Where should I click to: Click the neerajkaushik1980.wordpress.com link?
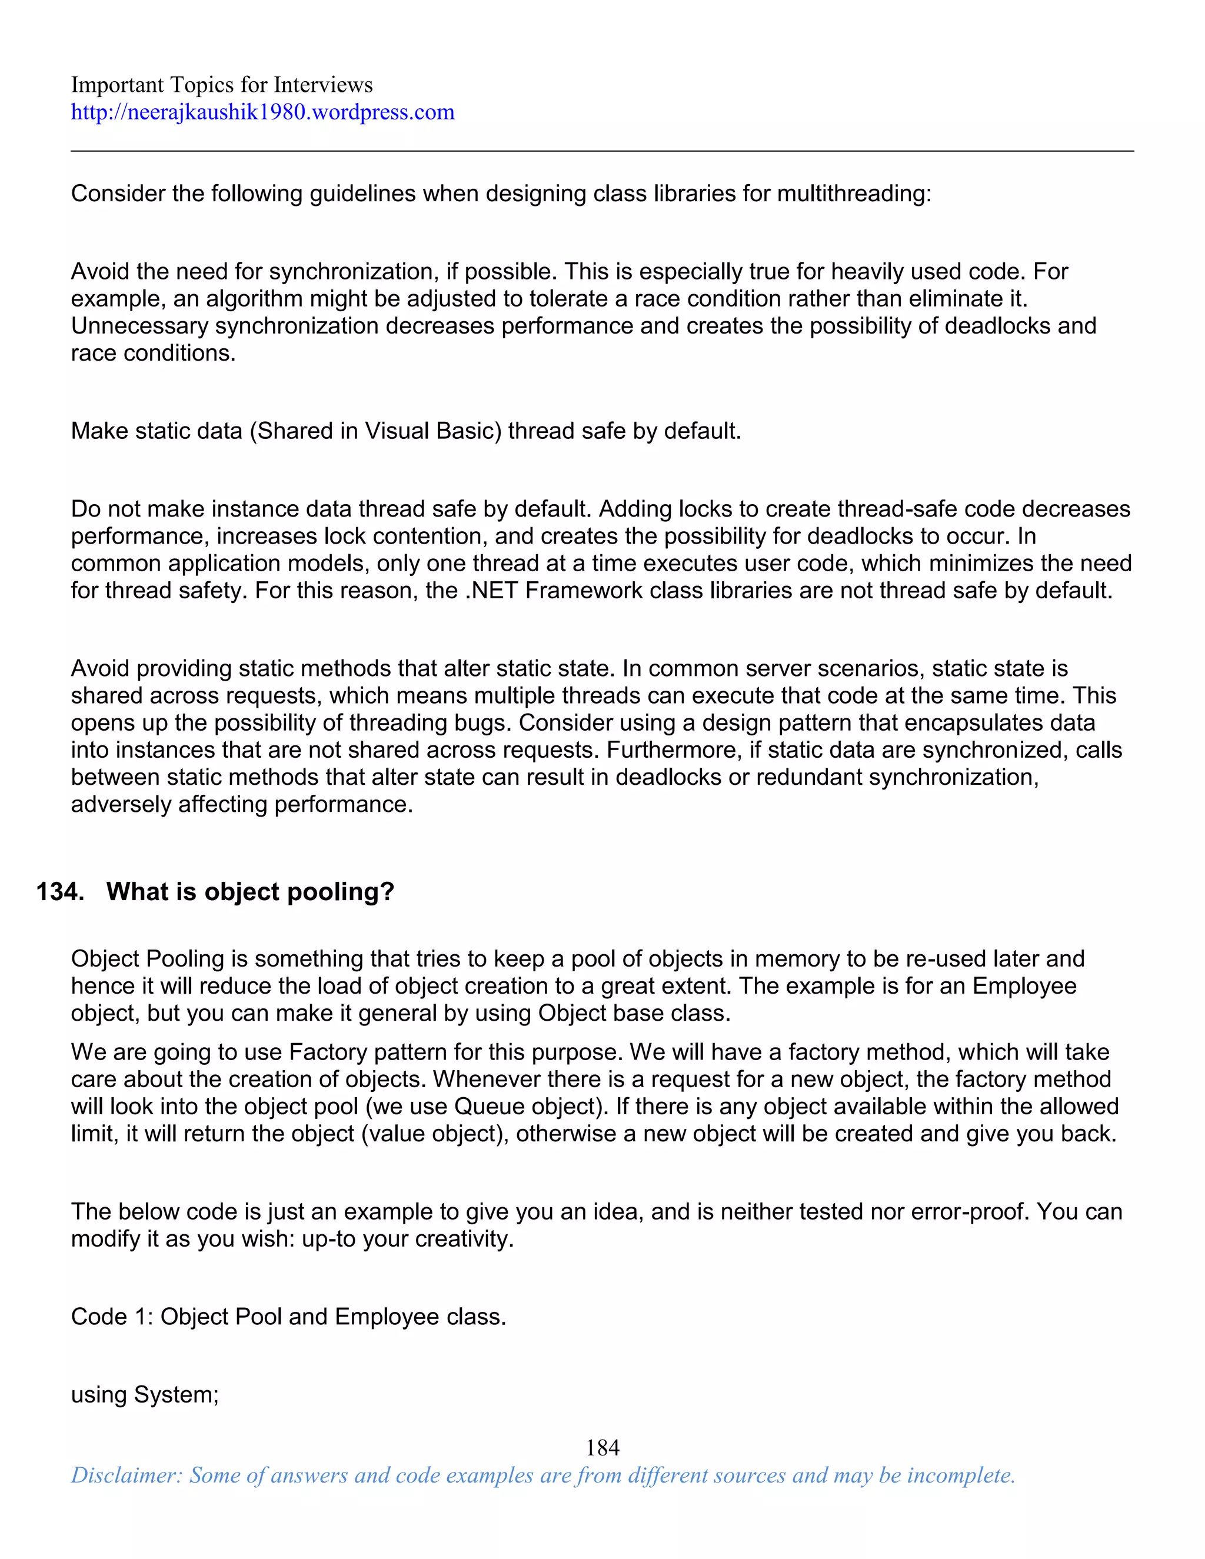tap(262, 112)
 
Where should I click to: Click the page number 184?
tap(602, 1448)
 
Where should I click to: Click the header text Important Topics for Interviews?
tap(221, 85)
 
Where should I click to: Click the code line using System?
tap(144, 1394)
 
